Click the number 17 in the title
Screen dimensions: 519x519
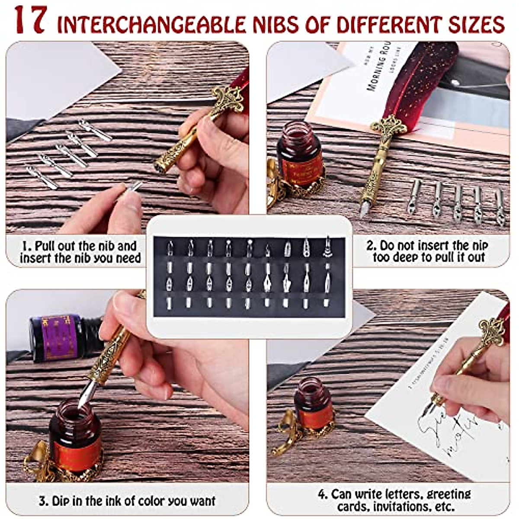click(30, 21)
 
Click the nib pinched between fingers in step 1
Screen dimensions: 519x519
click(130, 190)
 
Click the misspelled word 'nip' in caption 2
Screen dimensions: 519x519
click(479, 246)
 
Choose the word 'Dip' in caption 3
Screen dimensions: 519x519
click(61, 501)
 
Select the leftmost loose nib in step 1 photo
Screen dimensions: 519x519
click(41, 177)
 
